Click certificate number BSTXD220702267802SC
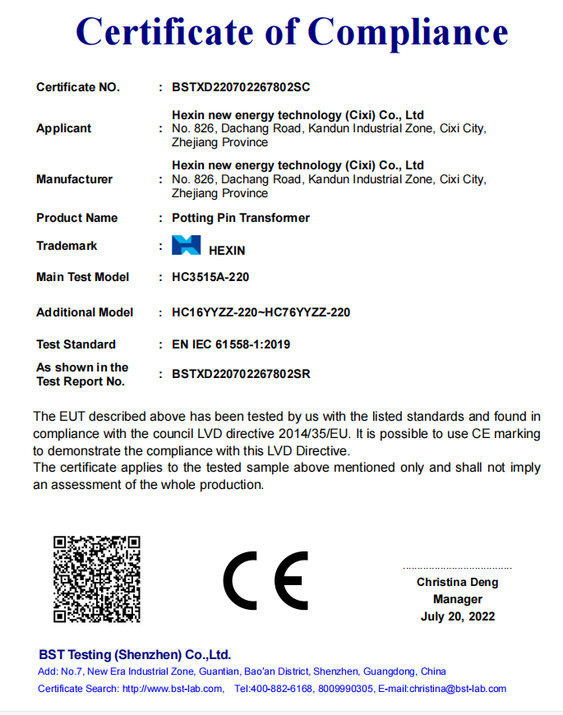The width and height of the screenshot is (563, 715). (240, 87)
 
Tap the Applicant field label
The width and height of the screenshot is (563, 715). (64, 128)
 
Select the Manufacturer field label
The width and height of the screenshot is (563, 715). (75, 179)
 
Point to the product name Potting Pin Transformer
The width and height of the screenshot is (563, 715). (241, 218)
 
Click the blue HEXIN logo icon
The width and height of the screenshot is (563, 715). (186, 246)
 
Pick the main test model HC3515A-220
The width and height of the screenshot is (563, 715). (210, 277)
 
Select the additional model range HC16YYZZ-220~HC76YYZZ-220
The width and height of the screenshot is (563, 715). (261, 312)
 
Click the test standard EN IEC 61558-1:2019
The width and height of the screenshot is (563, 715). (231, 344)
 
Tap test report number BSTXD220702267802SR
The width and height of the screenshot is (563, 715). (241, 374)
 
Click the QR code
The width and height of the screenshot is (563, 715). (97, 579)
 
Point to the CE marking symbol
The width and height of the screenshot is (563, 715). (266, 580)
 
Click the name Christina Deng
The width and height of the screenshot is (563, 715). (457, 582)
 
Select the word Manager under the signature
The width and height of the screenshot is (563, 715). (458, 599)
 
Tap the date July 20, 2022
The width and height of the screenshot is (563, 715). (458, 616)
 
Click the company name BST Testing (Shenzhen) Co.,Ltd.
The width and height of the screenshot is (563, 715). (135, 655)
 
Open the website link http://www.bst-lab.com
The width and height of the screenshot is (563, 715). (172, 689)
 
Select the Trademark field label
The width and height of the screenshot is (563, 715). (67, 246)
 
